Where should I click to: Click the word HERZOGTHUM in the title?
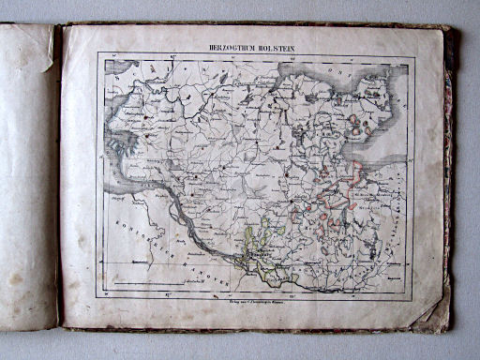[x=235, y=45]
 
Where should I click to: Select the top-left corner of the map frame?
[x=97, y=53]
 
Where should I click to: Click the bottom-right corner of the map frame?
[x=412, y=298]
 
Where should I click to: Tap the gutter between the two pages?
[x=58, y=178]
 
